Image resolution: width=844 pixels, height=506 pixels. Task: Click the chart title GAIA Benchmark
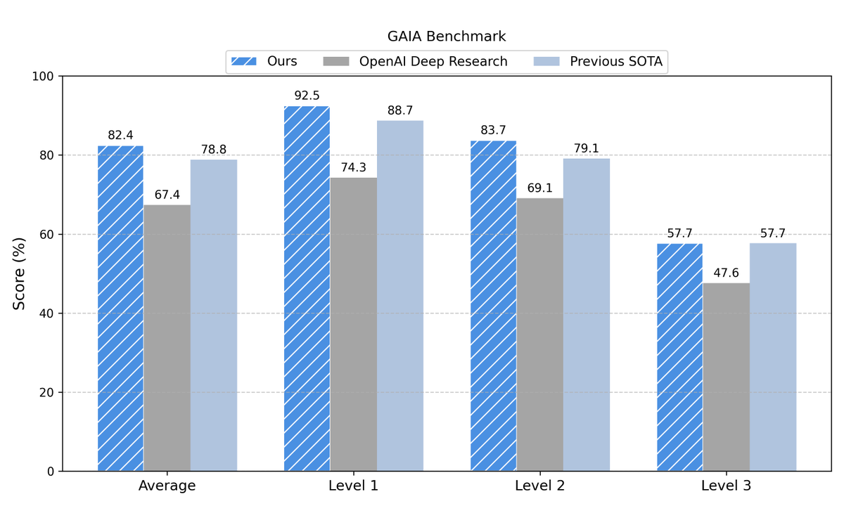click(x=446, y=36)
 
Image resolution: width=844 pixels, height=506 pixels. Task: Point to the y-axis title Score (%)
click(x=20, y=273)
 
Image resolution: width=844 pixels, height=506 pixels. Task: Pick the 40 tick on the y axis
click(x=48, y=313)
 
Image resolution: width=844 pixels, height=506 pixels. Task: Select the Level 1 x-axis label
click(x=353, y=486)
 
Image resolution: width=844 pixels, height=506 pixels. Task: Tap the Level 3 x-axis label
click(x=726, y=486)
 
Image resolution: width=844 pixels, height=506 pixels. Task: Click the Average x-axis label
click(x=167, y=486)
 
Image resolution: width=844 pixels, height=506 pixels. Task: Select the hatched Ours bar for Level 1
click(x=307, y=288)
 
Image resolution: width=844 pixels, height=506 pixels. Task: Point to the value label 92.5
click(x=307, y=95)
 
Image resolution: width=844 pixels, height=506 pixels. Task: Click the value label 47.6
click(x=726, y=273)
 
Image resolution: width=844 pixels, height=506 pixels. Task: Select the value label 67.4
click(x=167, y=194)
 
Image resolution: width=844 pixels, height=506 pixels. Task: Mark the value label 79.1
click(x=587, y=148)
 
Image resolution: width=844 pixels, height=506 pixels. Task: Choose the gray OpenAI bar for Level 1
click(x=353, y=324)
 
